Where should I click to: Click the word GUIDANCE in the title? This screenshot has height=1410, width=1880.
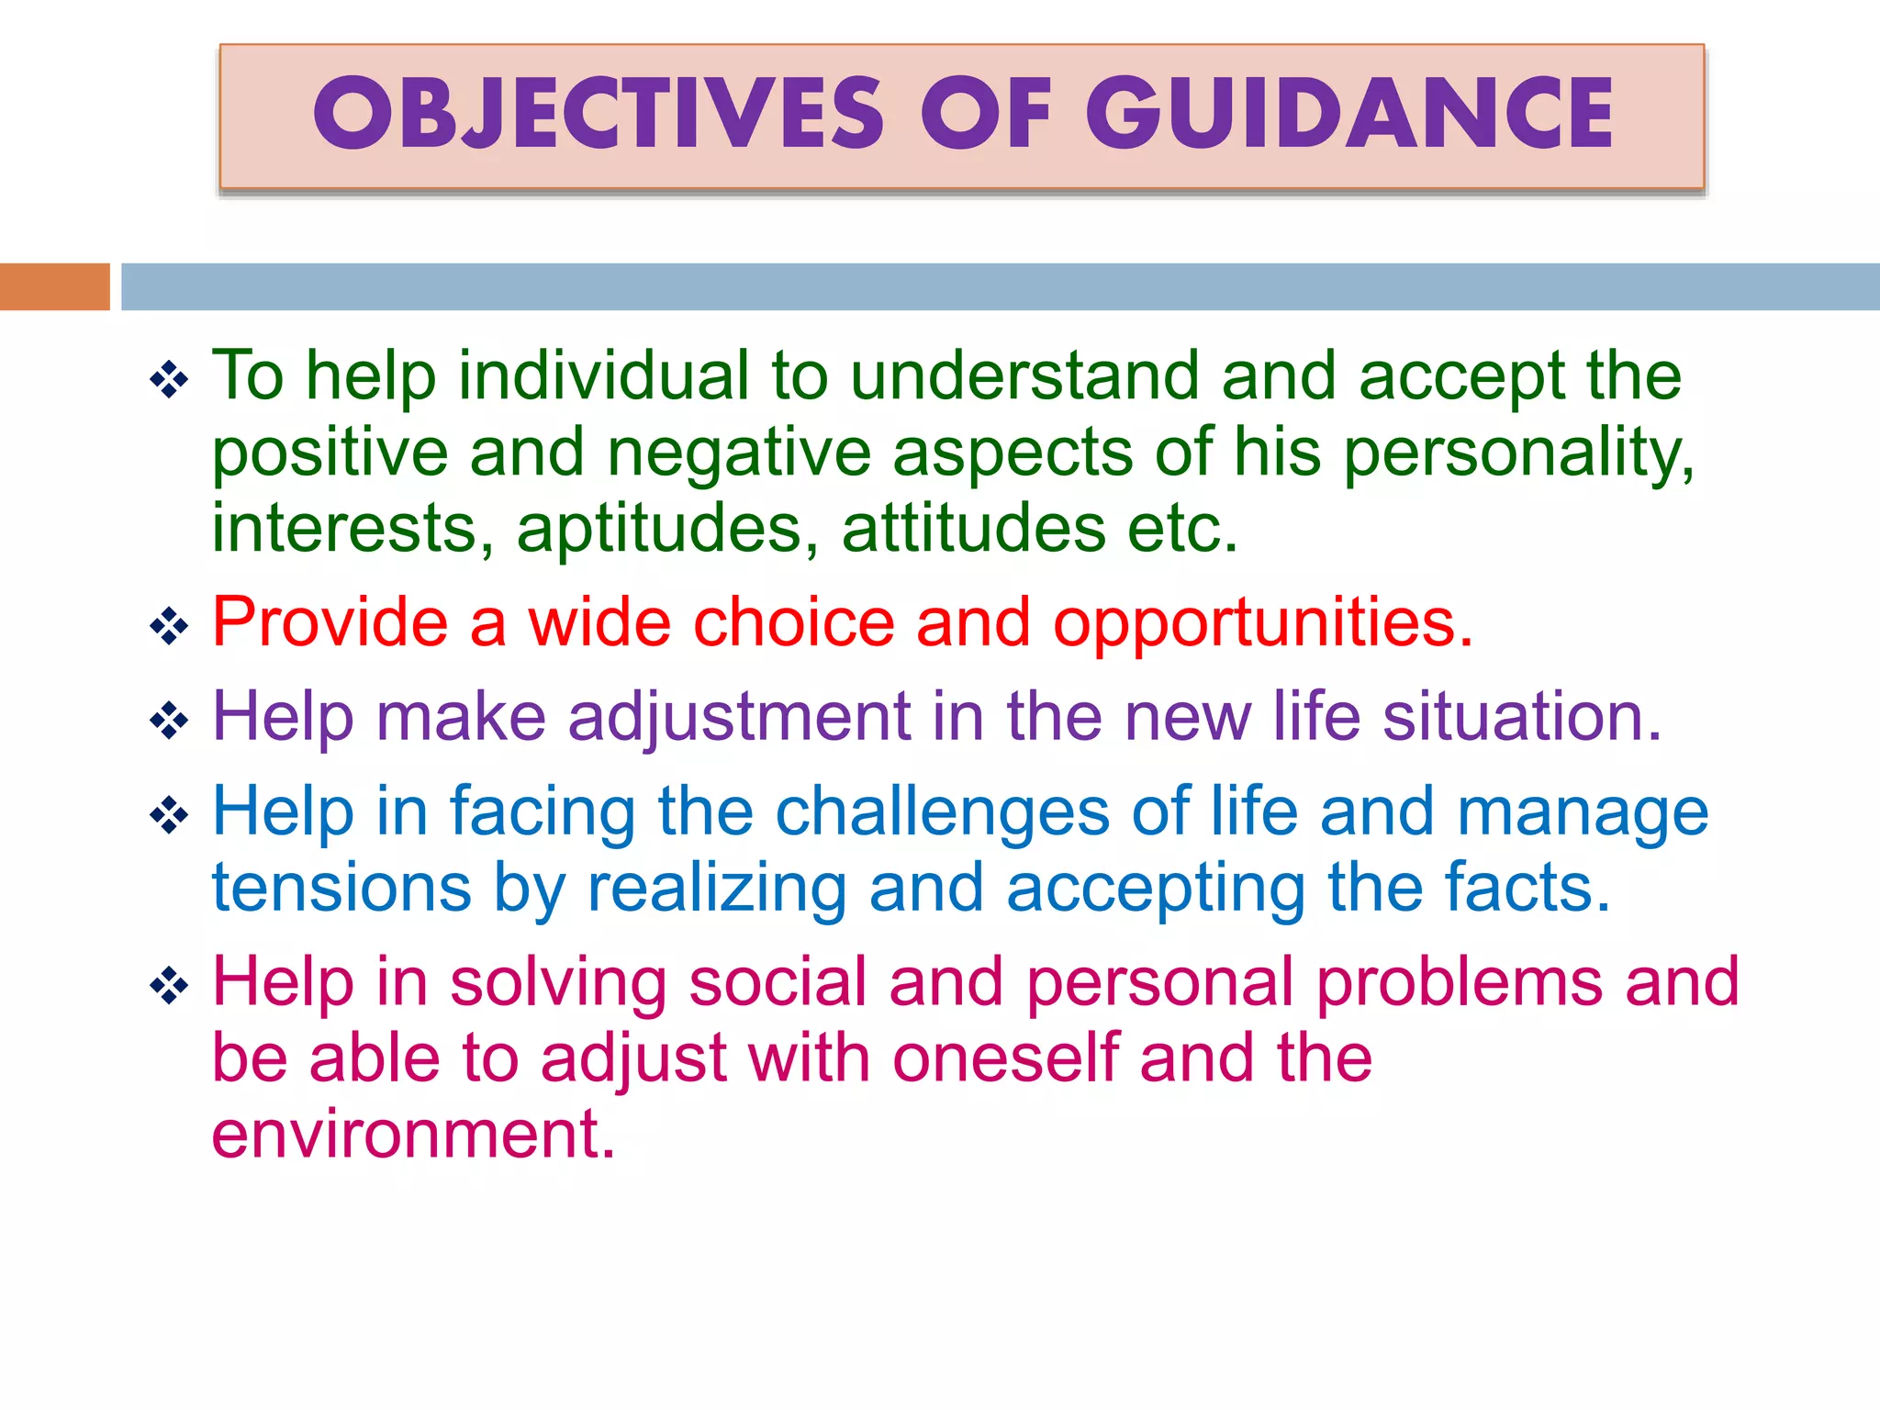[1348, 114]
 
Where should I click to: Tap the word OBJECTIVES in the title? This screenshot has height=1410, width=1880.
[598, 114]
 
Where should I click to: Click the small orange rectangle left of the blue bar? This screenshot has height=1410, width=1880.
[54, 286]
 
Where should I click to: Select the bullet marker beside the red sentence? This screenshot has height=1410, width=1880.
[169, 627]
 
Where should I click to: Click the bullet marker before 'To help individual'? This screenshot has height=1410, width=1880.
[169, 379]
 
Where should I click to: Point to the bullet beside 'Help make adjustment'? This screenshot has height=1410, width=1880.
[169, 721]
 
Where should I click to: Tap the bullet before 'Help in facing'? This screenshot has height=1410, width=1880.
[169, 815]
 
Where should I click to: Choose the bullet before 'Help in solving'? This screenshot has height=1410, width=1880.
[169, 986]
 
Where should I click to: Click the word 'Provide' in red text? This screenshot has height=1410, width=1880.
[330, 623]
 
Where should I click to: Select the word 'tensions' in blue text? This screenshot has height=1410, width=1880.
[341, 888]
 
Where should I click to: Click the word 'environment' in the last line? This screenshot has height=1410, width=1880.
[412, 1135]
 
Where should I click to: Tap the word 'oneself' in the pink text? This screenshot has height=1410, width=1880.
[1006, 1058]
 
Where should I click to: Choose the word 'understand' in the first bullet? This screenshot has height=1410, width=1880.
[1024, 376]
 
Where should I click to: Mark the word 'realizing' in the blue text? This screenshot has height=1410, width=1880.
[716, 890]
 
